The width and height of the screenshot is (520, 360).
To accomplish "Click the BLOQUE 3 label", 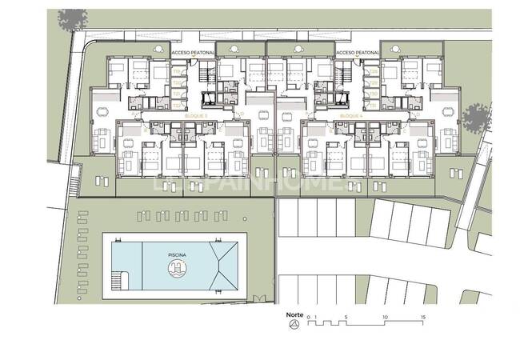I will (195, 116).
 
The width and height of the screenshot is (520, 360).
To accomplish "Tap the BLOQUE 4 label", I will (351, 116).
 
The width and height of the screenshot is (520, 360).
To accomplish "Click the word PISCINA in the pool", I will (178, 254).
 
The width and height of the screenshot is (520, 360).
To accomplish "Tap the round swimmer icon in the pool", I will (177, 269).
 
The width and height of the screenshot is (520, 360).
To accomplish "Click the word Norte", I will (294, 315).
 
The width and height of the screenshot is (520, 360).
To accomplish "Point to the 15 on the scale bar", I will (422, 318).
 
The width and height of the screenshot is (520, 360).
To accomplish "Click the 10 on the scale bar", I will (385, 318).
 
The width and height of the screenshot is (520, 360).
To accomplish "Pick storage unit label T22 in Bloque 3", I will (175, 102).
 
